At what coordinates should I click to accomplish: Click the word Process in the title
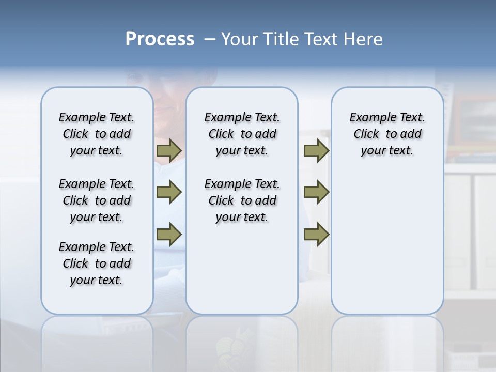(x=160, y=39)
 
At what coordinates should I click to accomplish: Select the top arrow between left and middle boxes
(x=169, y=150)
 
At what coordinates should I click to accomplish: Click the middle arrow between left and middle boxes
(x=169, y=192)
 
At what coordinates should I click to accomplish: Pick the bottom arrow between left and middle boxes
(x=169, y=234)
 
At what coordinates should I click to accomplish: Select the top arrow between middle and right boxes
(x=316, y=150)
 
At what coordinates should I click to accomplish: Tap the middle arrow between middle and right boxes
(x=316, y=192)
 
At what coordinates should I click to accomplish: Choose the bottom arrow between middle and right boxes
(x=316, y=234)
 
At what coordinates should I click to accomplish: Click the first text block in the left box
(x=97, y=134)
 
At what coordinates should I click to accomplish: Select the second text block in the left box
(x=97, y=200)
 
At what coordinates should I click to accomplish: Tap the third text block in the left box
(x=97, y=263)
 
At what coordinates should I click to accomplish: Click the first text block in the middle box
(x=242, y=134)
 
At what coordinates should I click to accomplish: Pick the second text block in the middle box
(x=242, y=200)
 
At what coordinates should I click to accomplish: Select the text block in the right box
(x=387, y=134)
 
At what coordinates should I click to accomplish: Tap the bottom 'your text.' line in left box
(x=97, y=280)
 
